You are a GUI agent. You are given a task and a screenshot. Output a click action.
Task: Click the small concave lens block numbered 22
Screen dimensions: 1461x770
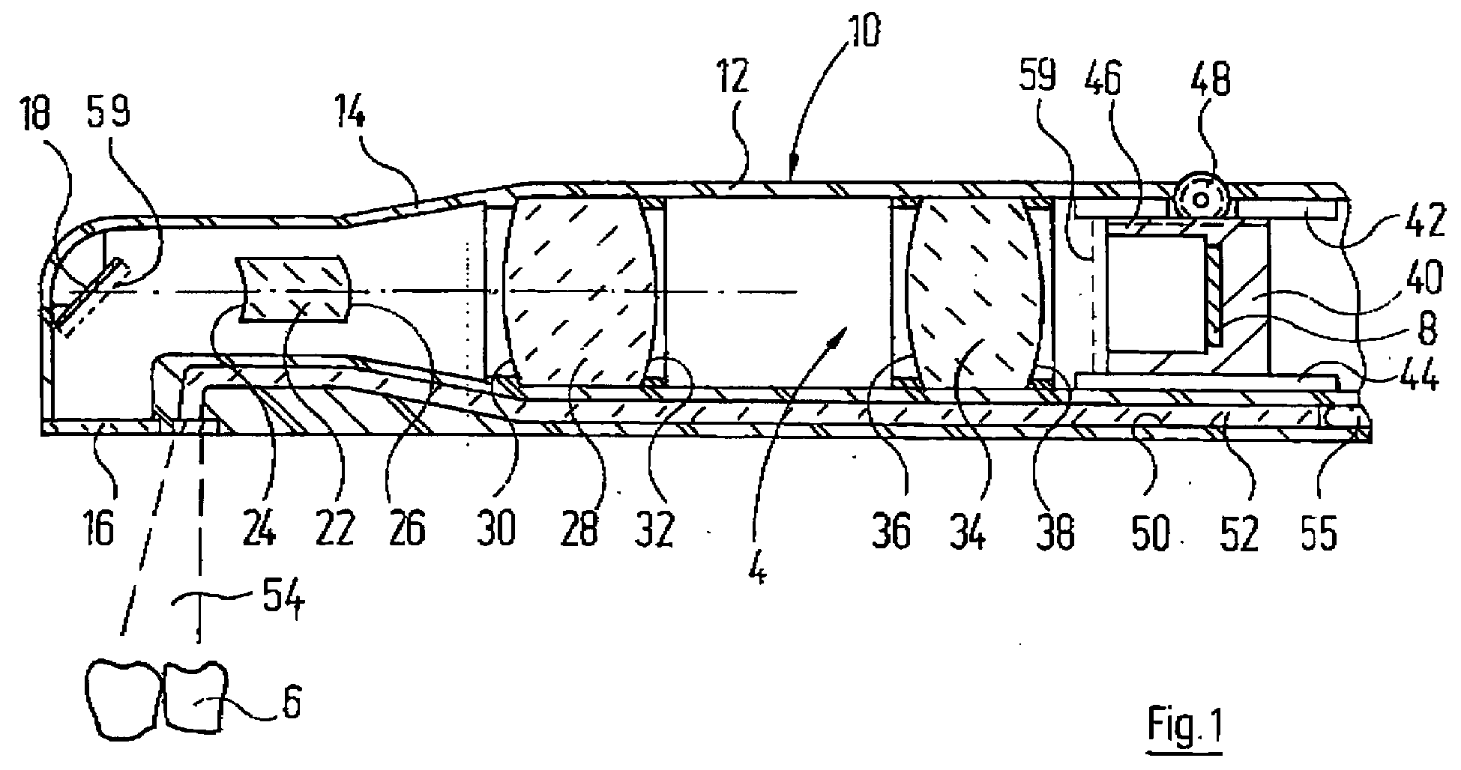[x=295, y=289]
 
